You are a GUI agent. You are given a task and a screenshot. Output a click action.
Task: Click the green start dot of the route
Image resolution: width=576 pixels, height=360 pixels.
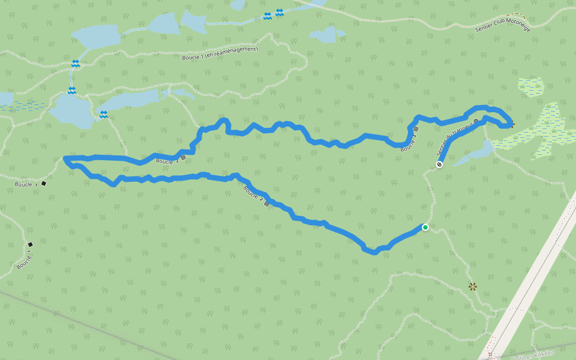[425, 227]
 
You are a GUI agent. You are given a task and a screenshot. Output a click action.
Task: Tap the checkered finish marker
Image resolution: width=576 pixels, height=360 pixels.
[440, 164]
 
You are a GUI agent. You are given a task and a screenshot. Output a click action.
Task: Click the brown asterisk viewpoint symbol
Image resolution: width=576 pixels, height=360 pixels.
[472, 287]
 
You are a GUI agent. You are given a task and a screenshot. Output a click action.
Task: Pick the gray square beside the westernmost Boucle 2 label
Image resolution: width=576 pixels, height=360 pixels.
[183, 157]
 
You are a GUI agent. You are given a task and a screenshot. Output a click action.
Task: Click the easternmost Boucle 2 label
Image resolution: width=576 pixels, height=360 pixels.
[409, 141]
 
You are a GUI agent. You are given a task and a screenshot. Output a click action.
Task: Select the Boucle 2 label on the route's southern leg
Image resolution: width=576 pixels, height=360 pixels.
[253, 195]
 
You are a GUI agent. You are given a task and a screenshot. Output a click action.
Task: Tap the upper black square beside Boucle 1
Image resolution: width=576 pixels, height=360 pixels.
[44, 183]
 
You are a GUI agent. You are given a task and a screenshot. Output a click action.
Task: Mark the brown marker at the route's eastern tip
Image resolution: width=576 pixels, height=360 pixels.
[511, 125]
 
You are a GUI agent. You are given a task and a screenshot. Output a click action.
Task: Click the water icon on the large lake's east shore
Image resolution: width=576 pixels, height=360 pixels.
[104, 114]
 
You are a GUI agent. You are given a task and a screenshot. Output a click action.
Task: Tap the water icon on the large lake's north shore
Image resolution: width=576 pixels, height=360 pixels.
[72, 90]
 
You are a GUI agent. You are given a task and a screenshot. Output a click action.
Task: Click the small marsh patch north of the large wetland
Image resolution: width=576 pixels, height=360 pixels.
[530, 86]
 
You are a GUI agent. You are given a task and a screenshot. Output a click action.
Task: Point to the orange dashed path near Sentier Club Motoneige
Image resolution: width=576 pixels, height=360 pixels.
[514, 14]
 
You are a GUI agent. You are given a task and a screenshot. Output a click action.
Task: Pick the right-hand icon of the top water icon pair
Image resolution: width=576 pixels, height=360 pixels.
[280, 13]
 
